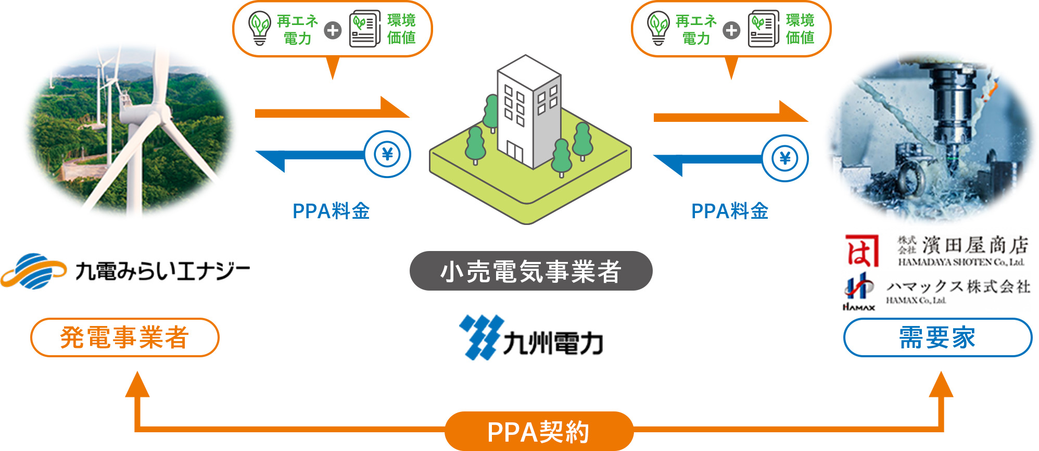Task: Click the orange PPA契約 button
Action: pyautogui.click(x=539, y=431)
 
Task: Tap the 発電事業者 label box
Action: pyautogui.click(x=125, y=337)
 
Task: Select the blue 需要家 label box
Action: pyautogui.click(x=937, y=337)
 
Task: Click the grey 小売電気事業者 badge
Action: pyautogui.click(x=531, y=271)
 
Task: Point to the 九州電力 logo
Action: pyautogui.click(x=531, y=337)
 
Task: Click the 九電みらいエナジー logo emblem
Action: pyautogui.click(x=33, y=271)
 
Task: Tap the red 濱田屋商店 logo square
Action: pyautogui.click(x=862, y=250)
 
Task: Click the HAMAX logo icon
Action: pyautogui.click(x=859, y=292)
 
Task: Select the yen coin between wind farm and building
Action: pyautogui.click(x=387, y=154)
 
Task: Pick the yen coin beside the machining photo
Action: pyautogui.click(x=785, y=158)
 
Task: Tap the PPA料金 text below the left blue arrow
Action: pyautogui.click(x=331, y=211)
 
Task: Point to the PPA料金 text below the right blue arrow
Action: pyautogui.click(x=730, y=211)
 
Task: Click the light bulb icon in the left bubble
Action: pyautogui.click(x=260, y=29)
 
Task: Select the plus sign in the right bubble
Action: pyautogui.click(x=731, y=30)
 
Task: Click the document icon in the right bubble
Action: pyautogui.click(x=763, y=29)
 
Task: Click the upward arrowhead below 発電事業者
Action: pyautogui.click(x=137, y=384)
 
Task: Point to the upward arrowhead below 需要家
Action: pyautogui.click(x=941, y=384)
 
